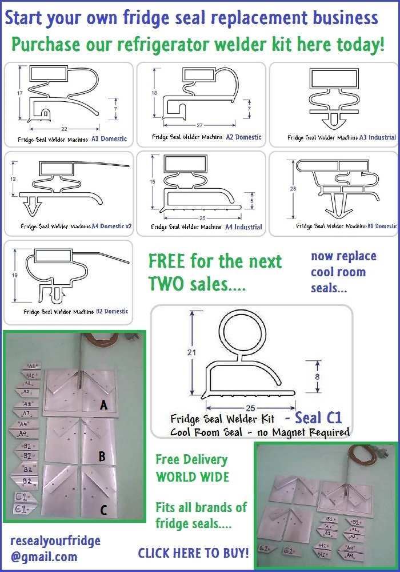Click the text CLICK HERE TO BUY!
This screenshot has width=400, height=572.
[x=193, y=553]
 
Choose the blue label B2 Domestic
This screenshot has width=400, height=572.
[x=109, y=312]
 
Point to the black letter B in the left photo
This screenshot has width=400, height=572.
[x=102, y=456]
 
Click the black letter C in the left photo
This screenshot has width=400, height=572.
[x=103, y=510]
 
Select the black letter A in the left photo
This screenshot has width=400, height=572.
[x=103, y=405]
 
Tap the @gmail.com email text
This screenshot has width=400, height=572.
[x=43, y=556]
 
